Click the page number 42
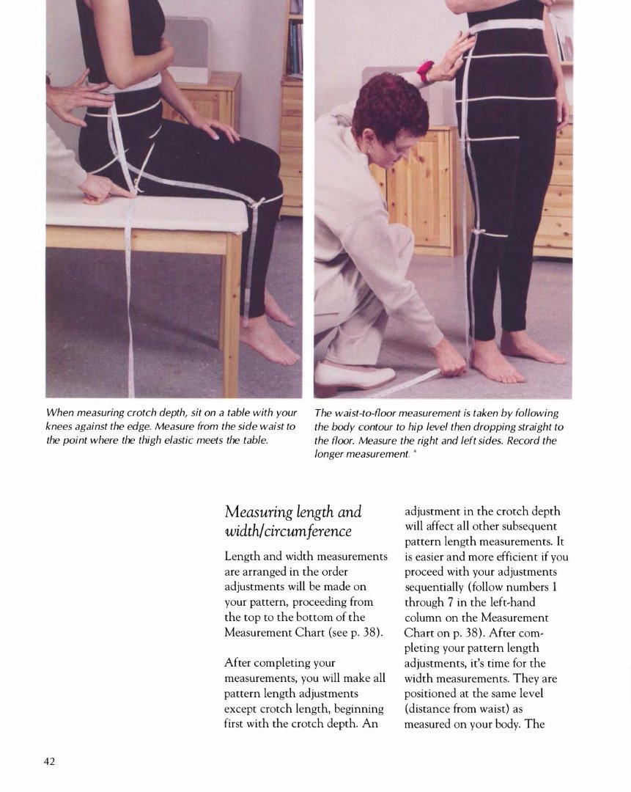tap(50, 761)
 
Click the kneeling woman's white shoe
tap(353, 376)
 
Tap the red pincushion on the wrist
tap(426, 71)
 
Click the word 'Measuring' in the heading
tap(259, 512)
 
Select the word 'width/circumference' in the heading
tap(288, 531)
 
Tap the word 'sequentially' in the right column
tap(434, 587)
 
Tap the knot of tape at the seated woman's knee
tap(258, 202)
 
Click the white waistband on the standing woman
tap(506, 25)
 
